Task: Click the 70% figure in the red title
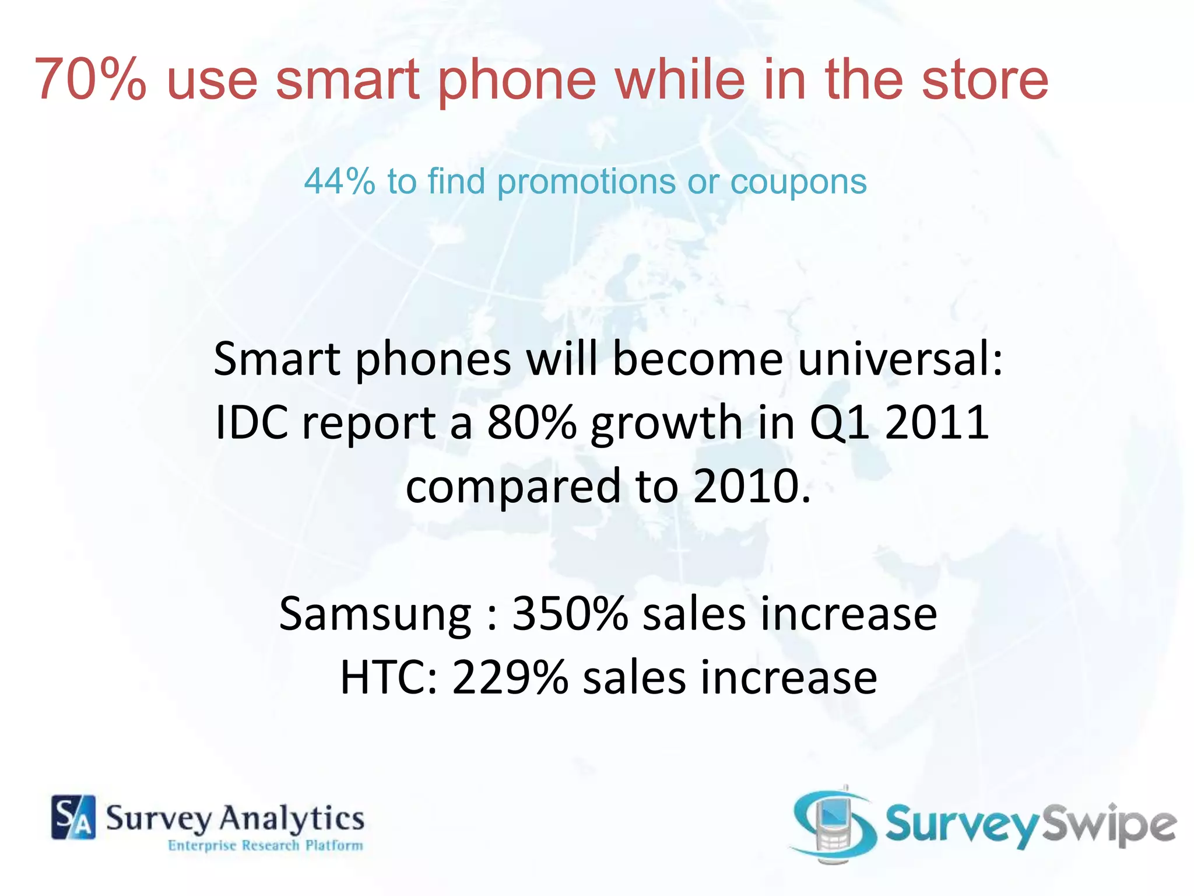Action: pyautogui.click(x=90, y=80)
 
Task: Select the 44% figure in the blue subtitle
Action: pyautogui.click(x=339, y=181)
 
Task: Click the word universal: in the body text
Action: pyautogui.click(x=900, y=359)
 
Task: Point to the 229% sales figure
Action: pyautogui.click(x=510, y=677)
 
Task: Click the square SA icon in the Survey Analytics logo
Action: pyautogui.click(x=73, y=817)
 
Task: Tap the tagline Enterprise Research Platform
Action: pyautogui.click(x=265, y=845)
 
